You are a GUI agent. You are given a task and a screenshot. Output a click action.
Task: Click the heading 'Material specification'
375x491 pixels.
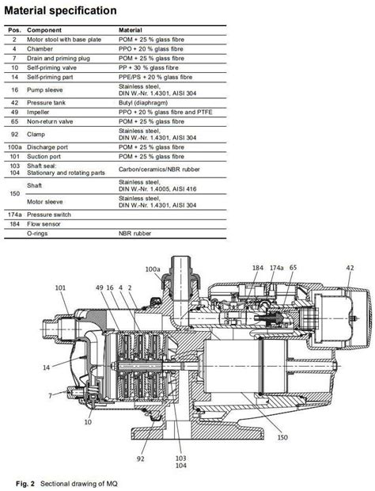click(60, 10)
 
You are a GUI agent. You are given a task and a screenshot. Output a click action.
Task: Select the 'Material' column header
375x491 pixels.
click(130, 30)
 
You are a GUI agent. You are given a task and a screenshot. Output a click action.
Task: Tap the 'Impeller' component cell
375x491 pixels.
click(38, 112)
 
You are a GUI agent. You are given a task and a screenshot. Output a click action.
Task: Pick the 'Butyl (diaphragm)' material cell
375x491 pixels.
click(143, 103)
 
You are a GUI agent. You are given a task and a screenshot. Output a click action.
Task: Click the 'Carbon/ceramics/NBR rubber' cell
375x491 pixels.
click(159, 169)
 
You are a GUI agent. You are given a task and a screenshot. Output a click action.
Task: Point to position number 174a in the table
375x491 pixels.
click(14, 215)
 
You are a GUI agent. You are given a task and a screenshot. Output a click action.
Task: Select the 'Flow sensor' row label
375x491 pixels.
click(44, 224)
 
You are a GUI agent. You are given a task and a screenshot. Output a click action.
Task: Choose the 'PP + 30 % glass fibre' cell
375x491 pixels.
click(149, 67)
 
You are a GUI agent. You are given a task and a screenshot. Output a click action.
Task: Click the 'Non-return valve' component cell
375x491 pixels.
click(50, 121)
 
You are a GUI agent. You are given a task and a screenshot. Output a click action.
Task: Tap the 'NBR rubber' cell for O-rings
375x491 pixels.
click(134, 234)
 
